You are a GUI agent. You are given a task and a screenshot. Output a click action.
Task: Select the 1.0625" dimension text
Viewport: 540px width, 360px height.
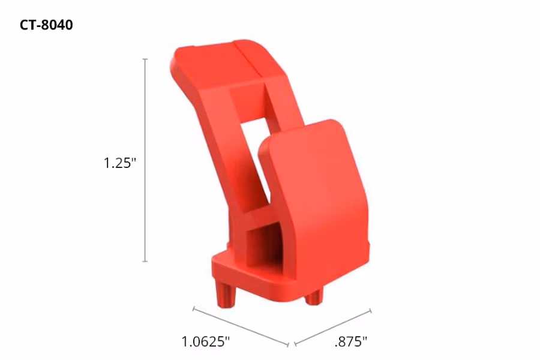206,341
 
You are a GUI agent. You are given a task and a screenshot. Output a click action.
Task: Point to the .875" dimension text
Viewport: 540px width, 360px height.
350,341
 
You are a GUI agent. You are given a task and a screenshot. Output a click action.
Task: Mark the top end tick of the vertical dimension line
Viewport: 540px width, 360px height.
145,59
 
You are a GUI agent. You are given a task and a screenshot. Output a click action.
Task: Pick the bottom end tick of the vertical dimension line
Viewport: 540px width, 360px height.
145,262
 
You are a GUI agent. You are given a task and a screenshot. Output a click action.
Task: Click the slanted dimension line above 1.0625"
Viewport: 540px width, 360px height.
241,327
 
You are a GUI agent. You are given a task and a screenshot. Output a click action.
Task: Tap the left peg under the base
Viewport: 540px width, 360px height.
225,293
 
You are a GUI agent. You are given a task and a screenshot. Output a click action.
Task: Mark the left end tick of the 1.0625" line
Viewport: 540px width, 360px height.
193,308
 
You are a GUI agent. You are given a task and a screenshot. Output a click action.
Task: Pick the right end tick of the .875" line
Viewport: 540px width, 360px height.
371,311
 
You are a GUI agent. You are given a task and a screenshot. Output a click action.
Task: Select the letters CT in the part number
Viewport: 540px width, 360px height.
30,25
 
